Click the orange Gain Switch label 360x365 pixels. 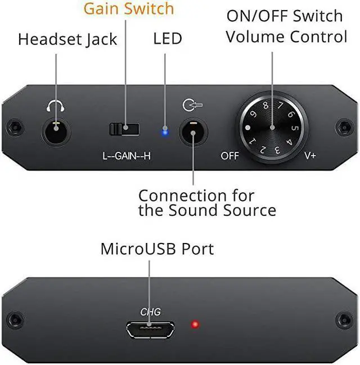pyautogui.click(x=129, y=9)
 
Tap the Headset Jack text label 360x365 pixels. pyautogui.click(x=67, y=39)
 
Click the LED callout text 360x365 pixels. pyautogui.click(x=168, y=39)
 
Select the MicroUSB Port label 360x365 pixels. pyautogui.click(x=157, y=249)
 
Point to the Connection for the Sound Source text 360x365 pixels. pyautogui.click(x=207, y=203)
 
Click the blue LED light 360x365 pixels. pyautogui.click(x=164, y=132)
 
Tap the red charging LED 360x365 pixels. pyautogui.click(x=195, y=325)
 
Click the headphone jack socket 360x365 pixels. pyautogui.click(x=56, y=133)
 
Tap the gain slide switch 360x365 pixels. pyautogui.click(x=124, y=129)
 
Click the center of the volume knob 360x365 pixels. pyautogui.click(x=272, y=127)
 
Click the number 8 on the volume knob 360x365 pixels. pyautogui.click(x=265, y=105)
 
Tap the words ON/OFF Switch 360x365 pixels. pyautogui.click(x=285, y=16)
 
